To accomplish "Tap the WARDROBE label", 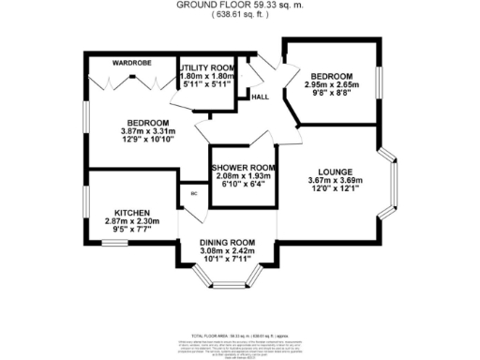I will click(132, 63).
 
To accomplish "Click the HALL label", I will click(257, 97).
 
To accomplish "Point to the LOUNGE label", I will click(335, 172).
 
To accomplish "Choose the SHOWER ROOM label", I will click(242, 167).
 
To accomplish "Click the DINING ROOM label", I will click(228, 243).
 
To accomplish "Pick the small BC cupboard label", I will click(194, 193).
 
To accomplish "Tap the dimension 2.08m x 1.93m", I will click(242, 175).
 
